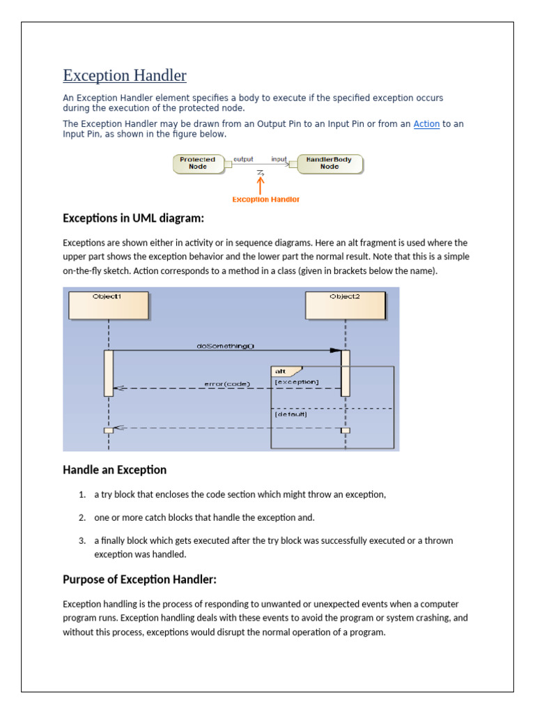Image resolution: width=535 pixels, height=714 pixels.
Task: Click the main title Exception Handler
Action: pyautogui.click(x=125, y=75)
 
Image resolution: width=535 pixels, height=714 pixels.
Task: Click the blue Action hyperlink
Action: pyautogui.click(x=426, y=124)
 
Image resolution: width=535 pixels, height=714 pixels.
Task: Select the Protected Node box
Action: pyautogui.click(x=197, y=164)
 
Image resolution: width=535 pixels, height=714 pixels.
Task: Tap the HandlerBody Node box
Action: pyautogui.click(x=329, y=164)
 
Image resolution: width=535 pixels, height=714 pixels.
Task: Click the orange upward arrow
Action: pyautogui.click(x=261, y=185)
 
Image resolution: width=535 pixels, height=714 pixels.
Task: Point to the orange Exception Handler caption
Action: pyautogui.click(x=265, y=199)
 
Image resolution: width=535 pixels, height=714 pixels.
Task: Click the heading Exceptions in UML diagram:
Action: pyautogui.click(x=133, y=219)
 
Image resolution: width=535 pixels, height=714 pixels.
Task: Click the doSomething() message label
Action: pyautogui.click(x=222, y=345)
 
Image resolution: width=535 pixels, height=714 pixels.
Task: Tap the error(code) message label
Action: pyautogui.click(x=227, y=383)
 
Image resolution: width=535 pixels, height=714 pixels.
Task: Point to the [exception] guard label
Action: pyautogui.click(x=297, y=382)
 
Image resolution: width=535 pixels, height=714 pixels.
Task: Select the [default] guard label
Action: pyautogui.click(x=291, y=414)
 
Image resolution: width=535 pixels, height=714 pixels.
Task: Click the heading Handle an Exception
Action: pyautogui.click(x=114, y=470)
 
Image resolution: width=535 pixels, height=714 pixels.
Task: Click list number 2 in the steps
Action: pyautogui.click(x=82, y=518)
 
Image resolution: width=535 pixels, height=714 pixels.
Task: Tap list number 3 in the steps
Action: pyautogui.click(x=82, y=541)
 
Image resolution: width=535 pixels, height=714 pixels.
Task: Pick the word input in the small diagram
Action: pyautogui.click(x=279, y=159)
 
